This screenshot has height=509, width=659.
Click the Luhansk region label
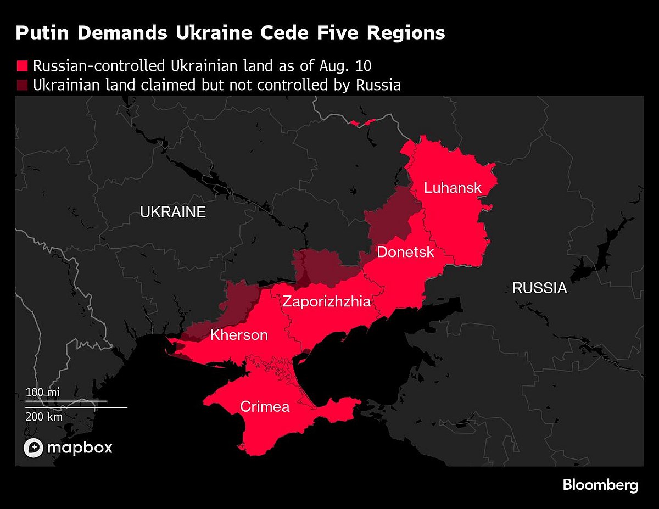point(453,188)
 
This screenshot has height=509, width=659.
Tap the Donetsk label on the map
point(405,252)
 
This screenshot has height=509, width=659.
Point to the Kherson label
point(239,335)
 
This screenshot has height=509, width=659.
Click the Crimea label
point(265,407)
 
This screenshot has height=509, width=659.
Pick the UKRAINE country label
point(172,212)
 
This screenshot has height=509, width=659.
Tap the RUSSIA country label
point(539,288)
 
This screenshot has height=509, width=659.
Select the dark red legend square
point(22,86)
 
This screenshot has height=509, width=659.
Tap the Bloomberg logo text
point(600,485)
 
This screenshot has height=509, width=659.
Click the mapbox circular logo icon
point(33,448)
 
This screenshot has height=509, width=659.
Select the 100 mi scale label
point(42,392)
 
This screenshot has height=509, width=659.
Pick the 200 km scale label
point(44,417)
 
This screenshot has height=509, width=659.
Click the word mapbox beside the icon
point(80,448)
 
